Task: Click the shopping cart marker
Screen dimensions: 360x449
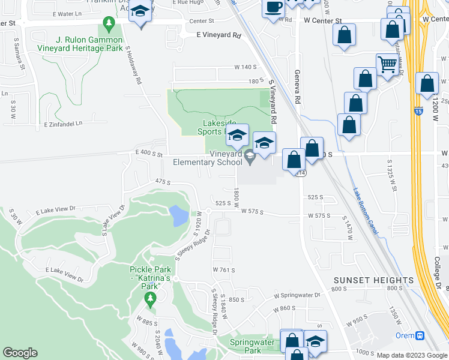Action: coord(388,64)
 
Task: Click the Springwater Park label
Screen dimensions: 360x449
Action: coord(253,346)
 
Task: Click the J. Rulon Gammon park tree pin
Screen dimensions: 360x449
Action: coord(109,25)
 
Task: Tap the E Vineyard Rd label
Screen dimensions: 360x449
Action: coord(218,35)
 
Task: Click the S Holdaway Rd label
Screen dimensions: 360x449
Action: coord(133,65)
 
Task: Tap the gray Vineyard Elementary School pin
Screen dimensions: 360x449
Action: coord(250,157)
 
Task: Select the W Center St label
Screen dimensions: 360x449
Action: coord(322,20)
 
